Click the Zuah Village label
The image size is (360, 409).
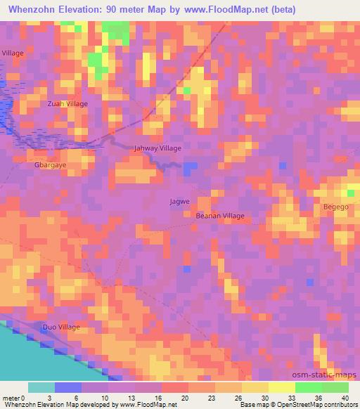click(x=67, y=103)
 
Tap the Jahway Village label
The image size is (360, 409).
click(x=157, y=148)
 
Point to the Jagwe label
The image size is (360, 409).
click(x=179, y=202)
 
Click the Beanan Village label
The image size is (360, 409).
click(x=219, y=216)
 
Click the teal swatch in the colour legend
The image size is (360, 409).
click(x=41, y=387)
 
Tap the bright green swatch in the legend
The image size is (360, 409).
click(x=309, y=387)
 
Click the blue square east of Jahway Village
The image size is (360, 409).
click(x=191, y=167)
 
